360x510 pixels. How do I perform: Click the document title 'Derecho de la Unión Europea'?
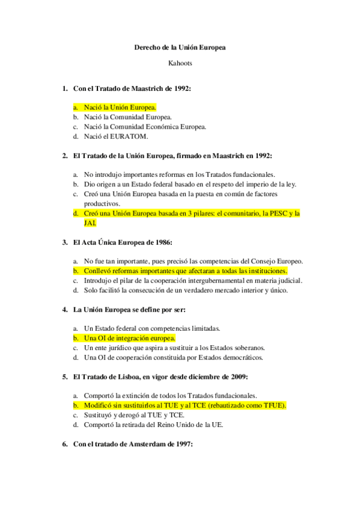(180, 47)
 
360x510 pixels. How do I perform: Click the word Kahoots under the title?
(180, 62)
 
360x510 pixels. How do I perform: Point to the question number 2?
(65, 156)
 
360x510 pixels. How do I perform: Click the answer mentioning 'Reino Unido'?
(153, 425)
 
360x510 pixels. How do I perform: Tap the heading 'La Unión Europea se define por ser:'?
(129, 310)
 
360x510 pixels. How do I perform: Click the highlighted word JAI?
(90, 223)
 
